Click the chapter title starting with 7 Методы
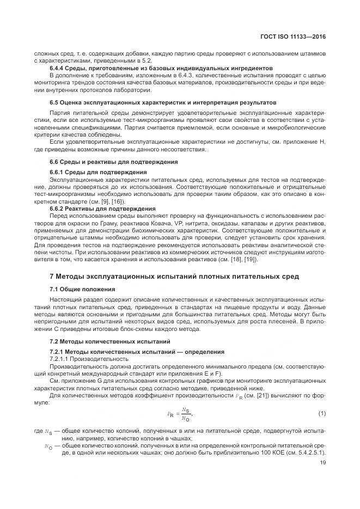174,277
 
